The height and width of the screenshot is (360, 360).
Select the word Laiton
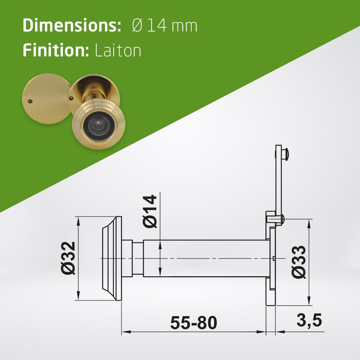(x=118, y=50)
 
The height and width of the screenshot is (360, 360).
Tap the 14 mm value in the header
(x=172, y=26)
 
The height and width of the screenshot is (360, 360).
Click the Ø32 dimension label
(x=69, y=258)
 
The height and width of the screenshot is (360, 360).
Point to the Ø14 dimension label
(x=150, y=211)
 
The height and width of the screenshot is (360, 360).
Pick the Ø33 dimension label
(x=299, y=262)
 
